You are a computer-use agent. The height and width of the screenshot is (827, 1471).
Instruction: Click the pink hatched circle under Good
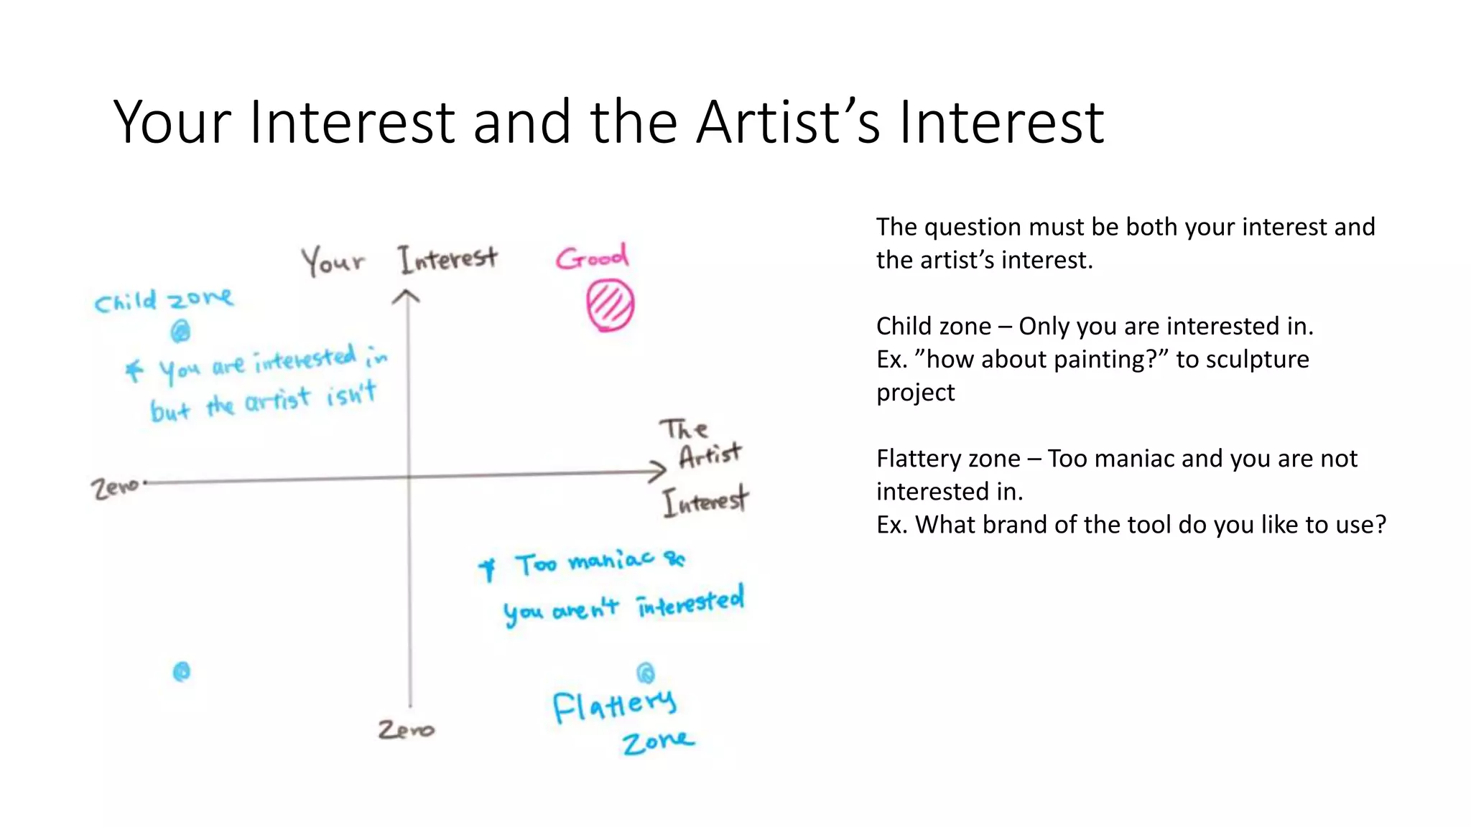pyautogui.click(x=610, y=305)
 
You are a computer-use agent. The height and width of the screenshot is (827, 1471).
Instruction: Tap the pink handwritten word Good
pyautogui.click(x=592, y=257)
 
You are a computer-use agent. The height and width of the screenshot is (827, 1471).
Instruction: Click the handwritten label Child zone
pyautogui.click(x=164, y=299)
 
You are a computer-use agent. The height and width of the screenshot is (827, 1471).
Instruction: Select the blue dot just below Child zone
pyautogui.click(x=180, y=331)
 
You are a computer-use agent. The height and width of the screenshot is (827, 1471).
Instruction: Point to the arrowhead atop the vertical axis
pyautogui.click(x=407, y=296)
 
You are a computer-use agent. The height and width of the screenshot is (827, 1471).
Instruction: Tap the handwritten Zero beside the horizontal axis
pyautogui.click(x=115, y=488)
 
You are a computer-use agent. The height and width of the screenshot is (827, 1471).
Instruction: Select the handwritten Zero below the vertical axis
pyautogui.click(x=406, y=729)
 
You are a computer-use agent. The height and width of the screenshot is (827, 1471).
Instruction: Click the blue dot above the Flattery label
pyautogui.click(x=646, y=673)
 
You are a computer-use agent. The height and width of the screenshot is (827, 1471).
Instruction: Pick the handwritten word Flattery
pyautogui.click(x=614, y=705)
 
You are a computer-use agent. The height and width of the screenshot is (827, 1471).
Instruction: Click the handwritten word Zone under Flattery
pyautogui.click(x=658, y=742)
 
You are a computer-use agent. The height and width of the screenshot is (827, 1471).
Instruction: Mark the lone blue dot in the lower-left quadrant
pyautogui.click(x=182, y=672)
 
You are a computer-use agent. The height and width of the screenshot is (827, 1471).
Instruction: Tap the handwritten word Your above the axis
pyautogui.click(x=333, y=261)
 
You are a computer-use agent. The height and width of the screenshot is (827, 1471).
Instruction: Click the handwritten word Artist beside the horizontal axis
pyautogui.click(x=710, y=455)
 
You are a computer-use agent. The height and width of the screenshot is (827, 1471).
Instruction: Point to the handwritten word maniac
pyautogui.click(x=611, y=559)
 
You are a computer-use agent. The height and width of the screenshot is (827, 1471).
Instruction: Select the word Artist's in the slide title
pyautogui.click(x=788, y=122)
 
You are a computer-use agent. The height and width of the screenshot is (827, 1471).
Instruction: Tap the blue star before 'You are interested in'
pyautogui.click(x=134, y=370)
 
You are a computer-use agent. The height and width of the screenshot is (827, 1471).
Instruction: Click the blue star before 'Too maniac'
pyautogui.click(x=488, y=569)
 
